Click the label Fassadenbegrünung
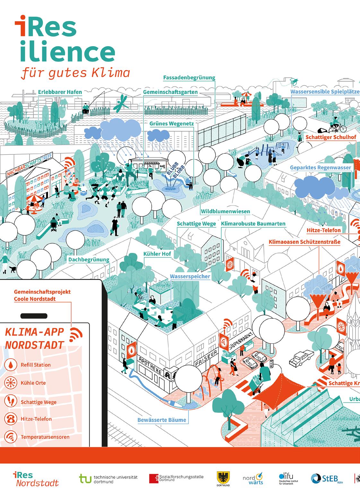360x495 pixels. [189, 78]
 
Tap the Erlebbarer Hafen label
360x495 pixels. [60, 92]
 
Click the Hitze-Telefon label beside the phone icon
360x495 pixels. [36, 419]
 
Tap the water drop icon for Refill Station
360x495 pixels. [11, 365]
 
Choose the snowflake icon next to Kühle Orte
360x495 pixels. [11, 383]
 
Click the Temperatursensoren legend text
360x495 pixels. [45, 437]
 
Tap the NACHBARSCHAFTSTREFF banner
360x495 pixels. [31, 166]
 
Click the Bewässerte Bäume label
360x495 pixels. [162, 420]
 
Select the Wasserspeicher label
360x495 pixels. [190, 276]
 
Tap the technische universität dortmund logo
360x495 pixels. [108, 479]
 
